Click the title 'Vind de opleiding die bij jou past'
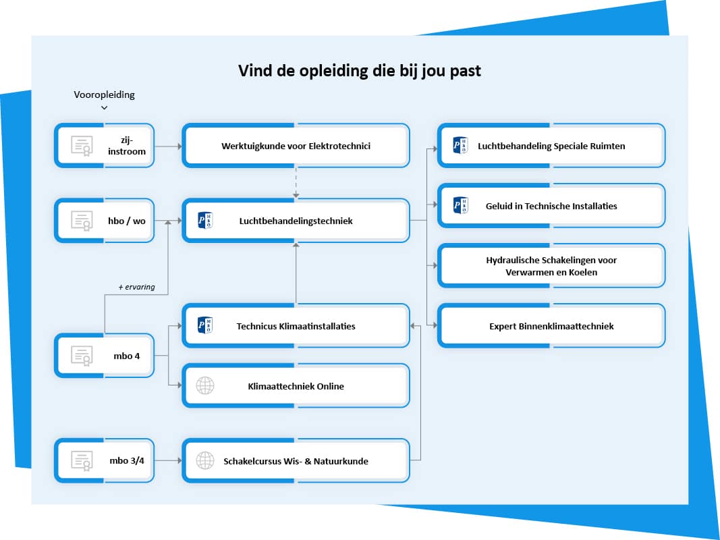coord(360,71)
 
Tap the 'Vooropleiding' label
coord(104,94)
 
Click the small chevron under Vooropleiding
coord(104,108)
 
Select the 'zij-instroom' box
coord(105,146)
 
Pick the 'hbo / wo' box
coord(105,220)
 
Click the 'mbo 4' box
coord(105,355)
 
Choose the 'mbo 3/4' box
coord(105,461)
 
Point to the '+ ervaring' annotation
coord(136,287)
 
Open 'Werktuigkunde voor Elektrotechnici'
coord(296,146)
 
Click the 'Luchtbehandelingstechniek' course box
coord(296,220)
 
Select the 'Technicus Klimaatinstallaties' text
coord(296,326)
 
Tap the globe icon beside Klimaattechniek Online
coord(204,386)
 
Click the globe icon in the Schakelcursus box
coord(204,461)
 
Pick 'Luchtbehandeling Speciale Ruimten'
coord(551,146)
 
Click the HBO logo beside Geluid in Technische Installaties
coord(460,206)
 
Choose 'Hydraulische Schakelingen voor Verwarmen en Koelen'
coord(551,266)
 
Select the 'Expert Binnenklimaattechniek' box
coord(551,326)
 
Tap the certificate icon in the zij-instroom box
coord(82,146)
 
